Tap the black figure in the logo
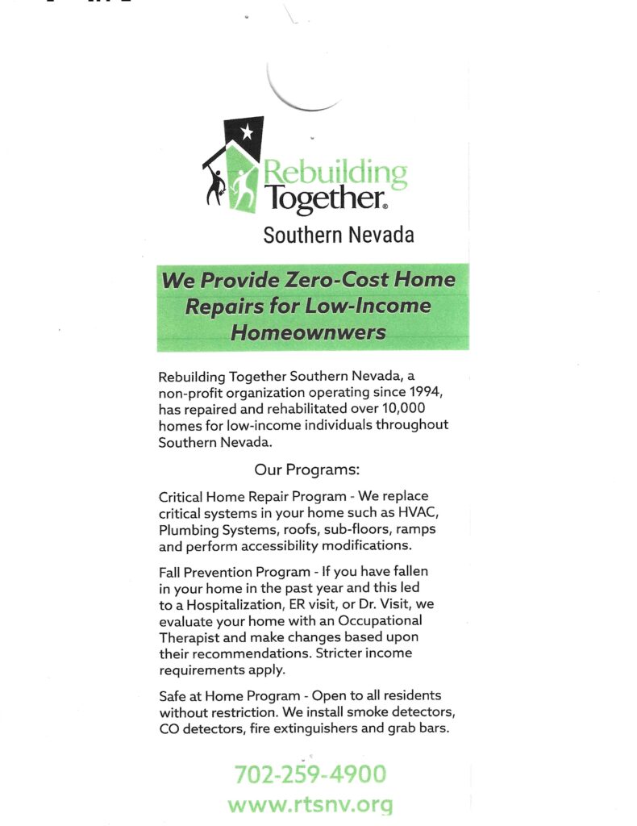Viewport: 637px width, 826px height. (215, 185)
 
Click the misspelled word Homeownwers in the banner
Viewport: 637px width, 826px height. (309, 332)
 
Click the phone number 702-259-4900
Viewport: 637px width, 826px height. (310, 774)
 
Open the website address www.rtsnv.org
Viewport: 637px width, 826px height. (310, 804)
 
